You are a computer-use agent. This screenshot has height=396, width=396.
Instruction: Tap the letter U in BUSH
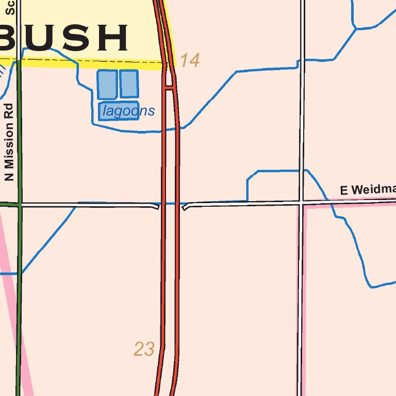tap(42, 38)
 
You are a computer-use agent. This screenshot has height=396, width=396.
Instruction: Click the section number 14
tap(189, 60)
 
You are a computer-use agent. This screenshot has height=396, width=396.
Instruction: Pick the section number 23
tap(144, 350)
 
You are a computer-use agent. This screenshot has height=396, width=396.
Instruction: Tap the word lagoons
tap(128, 111)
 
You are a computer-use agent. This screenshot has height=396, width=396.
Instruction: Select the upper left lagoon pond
tap(107, 84)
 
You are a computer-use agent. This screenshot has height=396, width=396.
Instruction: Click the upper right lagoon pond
tap(129, 84)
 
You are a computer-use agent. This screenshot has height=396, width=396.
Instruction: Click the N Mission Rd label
tap(8, 147)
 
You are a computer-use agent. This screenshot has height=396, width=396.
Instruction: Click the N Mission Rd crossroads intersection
tap(20, 205)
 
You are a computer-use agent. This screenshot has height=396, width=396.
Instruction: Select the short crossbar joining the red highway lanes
tap(169, 88)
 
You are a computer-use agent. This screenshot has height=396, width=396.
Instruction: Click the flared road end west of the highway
tap(156, 206)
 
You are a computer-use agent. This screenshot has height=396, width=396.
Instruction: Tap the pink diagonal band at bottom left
tap(15, 330)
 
